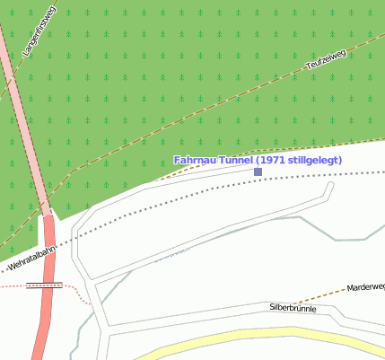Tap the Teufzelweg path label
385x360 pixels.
327,59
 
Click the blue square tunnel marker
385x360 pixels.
258,171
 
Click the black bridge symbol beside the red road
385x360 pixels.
45,285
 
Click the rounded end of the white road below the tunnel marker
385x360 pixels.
330,186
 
